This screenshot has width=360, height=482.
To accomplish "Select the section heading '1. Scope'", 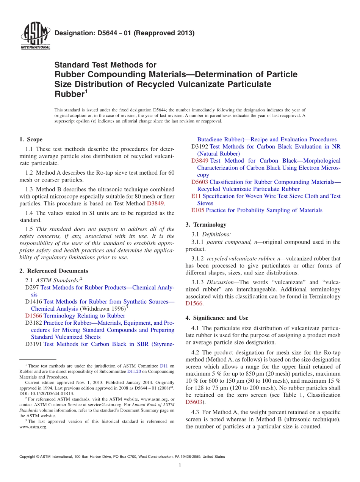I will [31, 139].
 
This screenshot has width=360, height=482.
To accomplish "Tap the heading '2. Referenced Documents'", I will [54, 271].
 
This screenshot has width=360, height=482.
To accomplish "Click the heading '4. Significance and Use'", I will [217, 318].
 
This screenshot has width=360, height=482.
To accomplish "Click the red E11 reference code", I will [196, 196].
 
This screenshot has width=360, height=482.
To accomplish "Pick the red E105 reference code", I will [198, 210].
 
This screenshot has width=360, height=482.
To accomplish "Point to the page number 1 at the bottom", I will [180, 466].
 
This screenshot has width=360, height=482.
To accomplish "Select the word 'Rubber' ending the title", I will [69, 94].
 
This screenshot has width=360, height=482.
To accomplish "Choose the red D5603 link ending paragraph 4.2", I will [194, 402].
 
